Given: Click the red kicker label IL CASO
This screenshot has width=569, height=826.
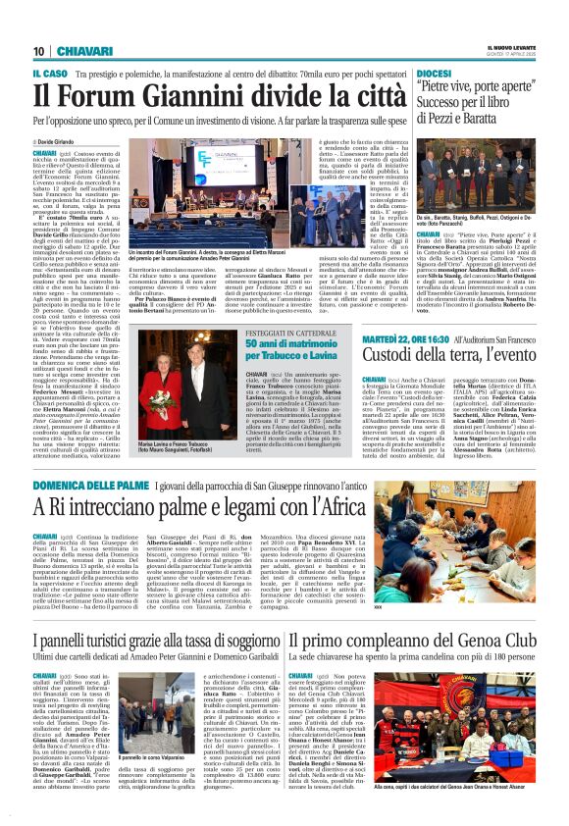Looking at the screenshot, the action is pos(51,73).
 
